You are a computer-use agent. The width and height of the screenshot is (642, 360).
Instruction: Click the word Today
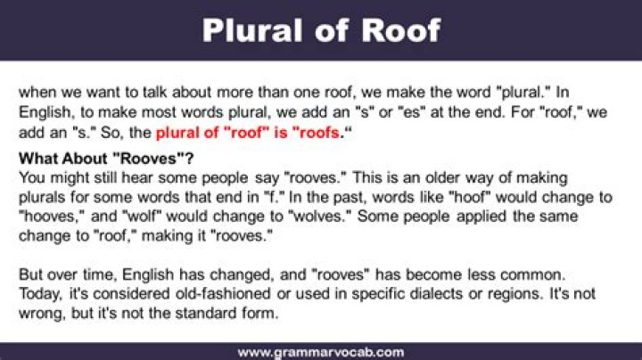(41, 293)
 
